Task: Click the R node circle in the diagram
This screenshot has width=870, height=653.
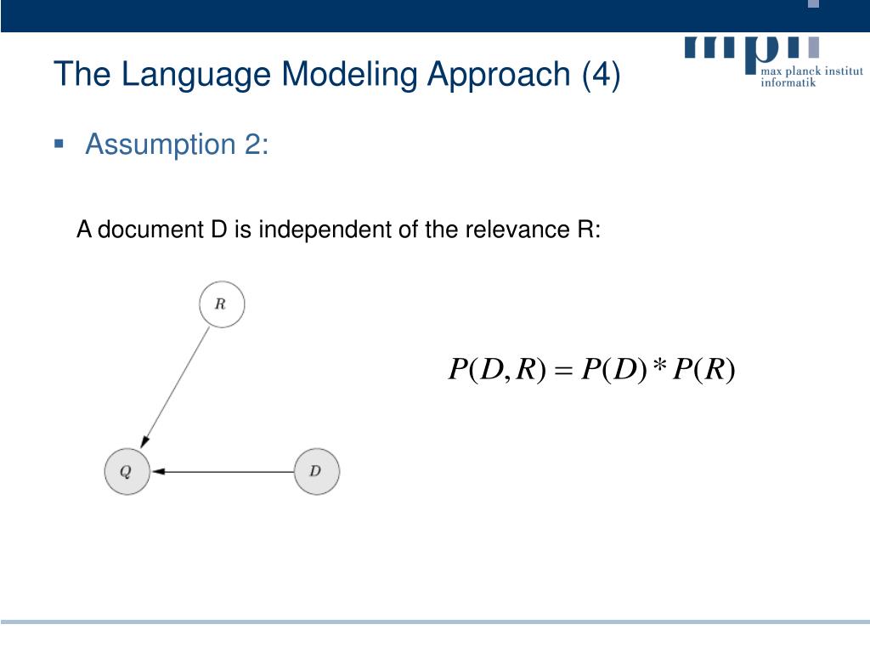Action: click(221, 304)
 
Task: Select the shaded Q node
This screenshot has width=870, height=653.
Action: click(127, 471)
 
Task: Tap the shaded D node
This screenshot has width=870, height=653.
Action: click(316, 471)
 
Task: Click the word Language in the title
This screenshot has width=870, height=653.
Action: click(196, 74)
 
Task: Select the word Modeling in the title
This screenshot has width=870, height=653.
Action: click(349, 74)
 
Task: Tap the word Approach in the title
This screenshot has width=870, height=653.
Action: click(499, 74)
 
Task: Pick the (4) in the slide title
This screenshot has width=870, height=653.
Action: click(602, 74)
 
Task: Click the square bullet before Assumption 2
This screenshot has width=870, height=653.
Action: click(59, 143)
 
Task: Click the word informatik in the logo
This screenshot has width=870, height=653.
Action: click(788, 82)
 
